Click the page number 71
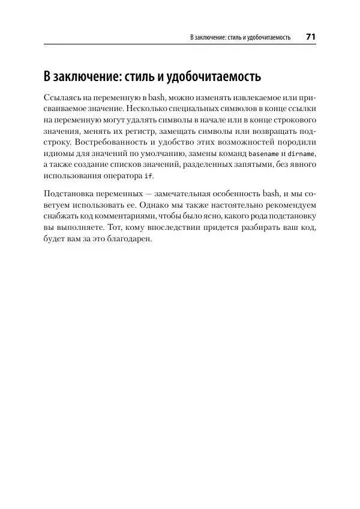click(x=310, y=37)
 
